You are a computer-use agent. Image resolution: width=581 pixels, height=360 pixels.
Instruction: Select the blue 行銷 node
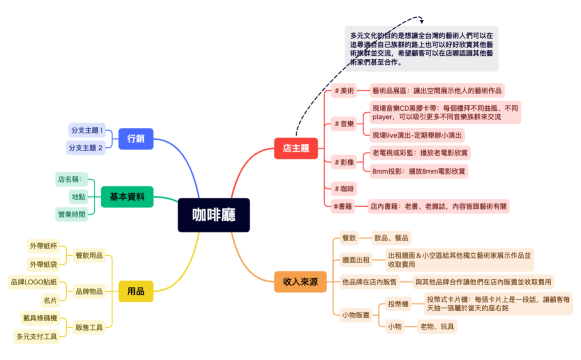[134, 139]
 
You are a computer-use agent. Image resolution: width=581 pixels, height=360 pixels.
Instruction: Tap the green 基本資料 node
[128, 196]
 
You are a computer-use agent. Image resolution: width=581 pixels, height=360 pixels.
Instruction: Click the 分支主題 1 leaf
[87, 131]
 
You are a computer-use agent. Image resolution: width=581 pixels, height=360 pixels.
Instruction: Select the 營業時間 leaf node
[72, 214]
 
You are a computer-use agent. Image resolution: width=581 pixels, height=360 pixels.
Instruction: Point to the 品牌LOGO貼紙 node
[34, 282]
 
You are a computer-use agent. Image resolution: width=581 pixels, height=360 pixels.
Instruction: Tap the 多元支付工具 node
[36, 336]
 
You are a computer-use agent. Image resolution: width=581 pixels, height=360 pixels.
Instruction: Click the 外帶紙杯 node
[43, 245]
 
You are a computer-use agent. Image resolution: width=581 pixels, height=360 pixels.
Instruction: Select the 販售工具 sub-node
[89, 327]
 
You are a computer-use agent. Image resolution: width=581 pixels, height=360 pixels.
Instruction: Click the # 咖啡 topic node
[345, 188]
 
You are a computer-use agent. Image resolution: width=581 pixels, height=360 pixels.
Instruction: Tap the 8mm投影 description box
[419, 171]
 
